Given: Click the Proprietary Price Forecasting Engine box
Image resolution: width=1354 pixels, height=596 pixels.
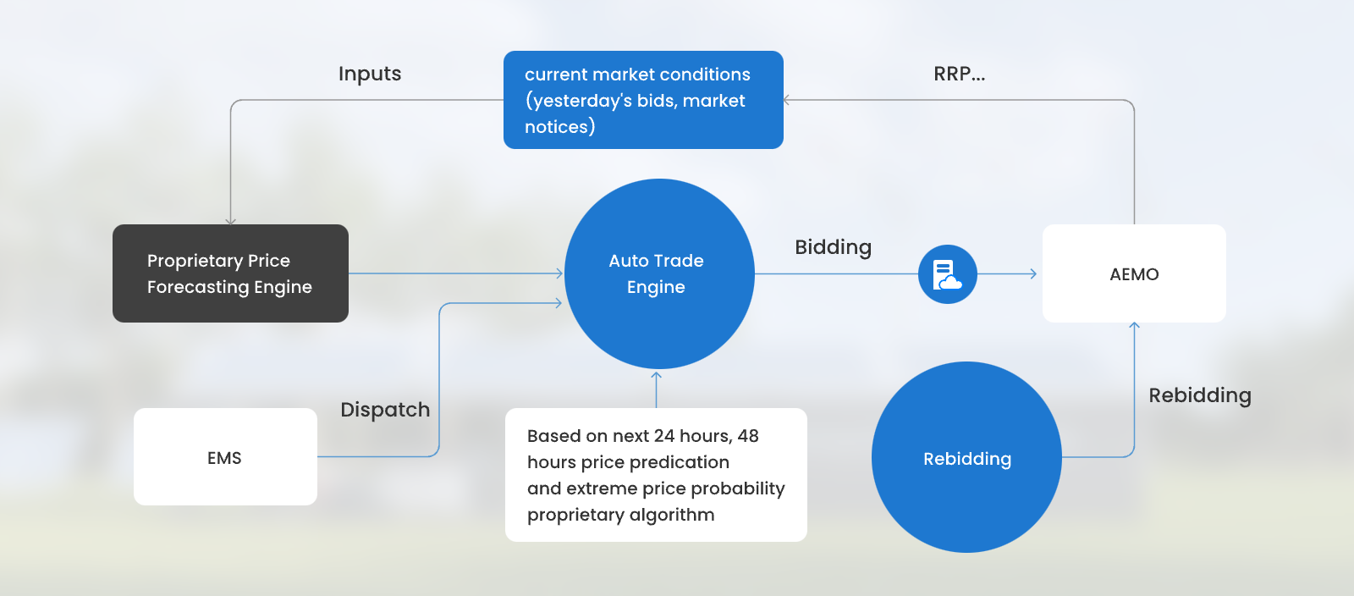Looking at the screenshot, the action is pos(230,273).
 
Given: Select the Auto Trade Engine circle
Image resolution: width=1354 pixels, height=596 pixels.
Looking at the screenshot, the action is pos(659,273).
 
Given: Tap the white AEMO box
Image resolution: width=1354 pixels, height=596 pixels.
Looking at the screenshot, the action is pos(1134,273).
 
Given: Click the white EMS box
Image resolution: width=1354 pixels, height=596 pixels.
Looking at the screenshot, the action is pos(225,457).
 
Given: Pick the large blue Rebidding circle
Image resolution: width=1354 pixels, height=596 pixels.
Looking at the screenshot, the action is pos(966,457).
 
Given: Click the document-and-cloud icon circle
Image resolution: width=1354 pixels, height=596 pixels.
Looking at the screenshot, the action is pos(947,273).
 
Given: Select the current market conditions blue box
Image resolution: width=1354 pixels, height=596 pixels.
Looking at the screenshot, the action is pos(643,100).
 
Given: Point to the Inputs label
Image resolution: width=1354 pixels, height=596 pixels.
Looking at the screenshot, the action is pos(369,74).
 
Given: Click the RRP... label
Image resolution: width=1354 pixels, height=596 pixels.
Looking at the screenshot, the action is pos(960,74).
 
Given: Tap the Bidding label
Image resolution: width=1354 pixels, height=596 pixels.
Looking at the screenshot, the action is pos(833,247).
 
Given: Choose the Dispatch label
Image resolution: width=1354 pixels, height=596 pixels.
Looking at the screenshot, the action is pos(385,410).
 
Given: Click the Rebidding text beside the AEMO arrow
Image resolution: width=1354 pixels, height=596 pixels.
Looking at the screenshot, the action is pos(1200,395).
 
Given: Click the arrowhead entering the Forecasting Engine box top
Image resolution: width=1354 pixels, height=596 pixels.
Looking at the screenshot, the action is pos(230,221).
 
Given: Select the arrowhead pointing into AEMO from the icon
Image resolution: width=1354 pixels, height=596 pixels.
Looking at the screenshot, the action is pos(1033,273).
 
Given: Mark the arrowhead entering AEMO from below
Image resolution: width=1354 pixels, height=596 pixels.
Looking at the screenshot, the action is pos(1134,326).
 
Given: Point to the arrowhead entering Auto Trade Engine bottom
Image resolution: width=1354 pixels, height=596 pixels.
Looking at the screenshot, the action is pos(656,375).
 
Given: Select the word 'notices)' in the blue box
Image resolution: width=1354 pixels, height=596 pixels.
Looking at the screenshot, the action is pos(559,127).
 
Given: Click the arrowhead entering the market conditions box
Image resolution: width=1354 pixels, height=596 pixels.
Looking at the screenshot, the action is pos(786,101).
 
